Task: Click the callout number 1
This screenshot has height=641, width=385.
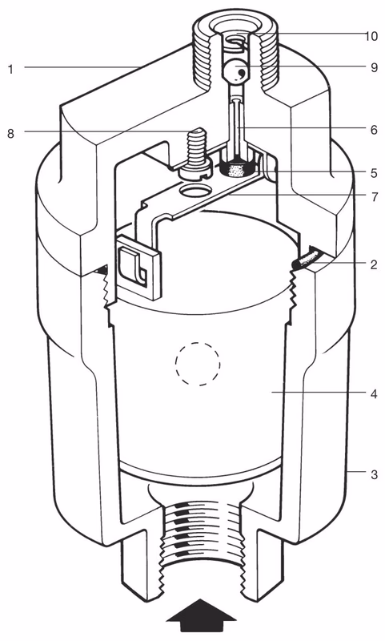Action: click(11, 69)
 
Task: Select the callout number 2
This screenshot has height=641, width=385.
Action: click(373, 262)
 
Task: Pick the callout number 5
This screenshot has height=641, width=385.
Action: click(373, 171)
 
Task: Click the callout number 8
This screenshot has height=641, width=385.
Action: click(11, 133)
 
